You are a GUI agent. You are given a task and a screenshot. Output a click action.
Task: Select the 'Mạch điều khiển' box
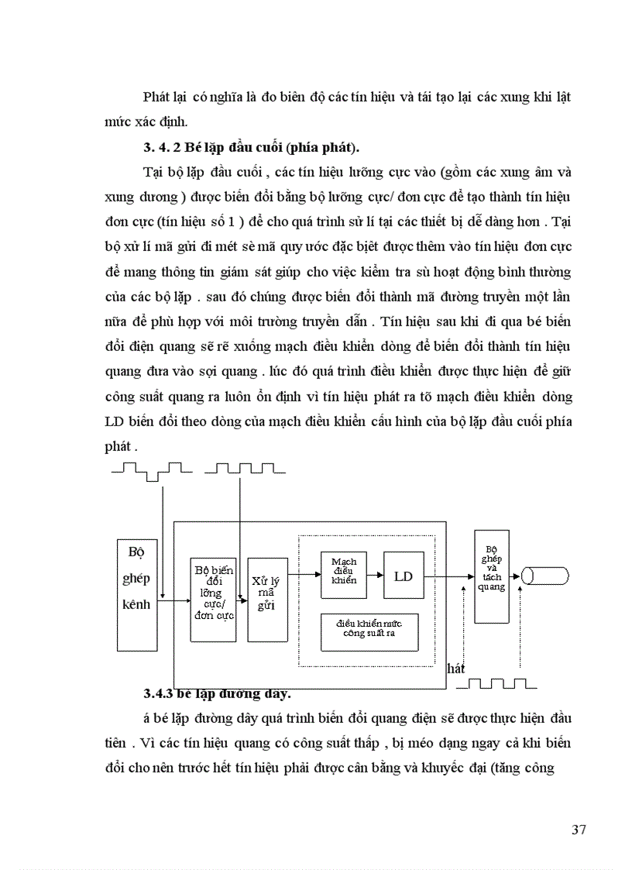coord(344,576)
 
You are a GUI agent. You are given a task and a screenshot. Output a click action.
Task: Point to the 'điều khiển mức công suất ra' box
coord(369,630)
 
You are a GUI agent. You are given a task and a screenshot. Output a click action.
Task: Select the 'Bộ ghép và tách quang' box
coord(492,576)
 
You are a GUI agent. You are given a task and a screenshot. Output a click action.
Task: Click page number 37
coord(578,830)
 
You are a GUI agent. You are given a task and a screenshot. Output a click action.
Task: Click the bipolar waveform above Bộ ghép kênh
coord(152,468)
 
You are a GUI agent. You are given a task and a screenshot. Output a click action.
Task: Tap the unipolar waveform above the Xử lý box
coord(243,468)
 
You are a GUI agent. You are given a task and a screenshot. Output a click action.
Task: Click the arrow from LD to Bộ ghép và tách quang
coord(449,576)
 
